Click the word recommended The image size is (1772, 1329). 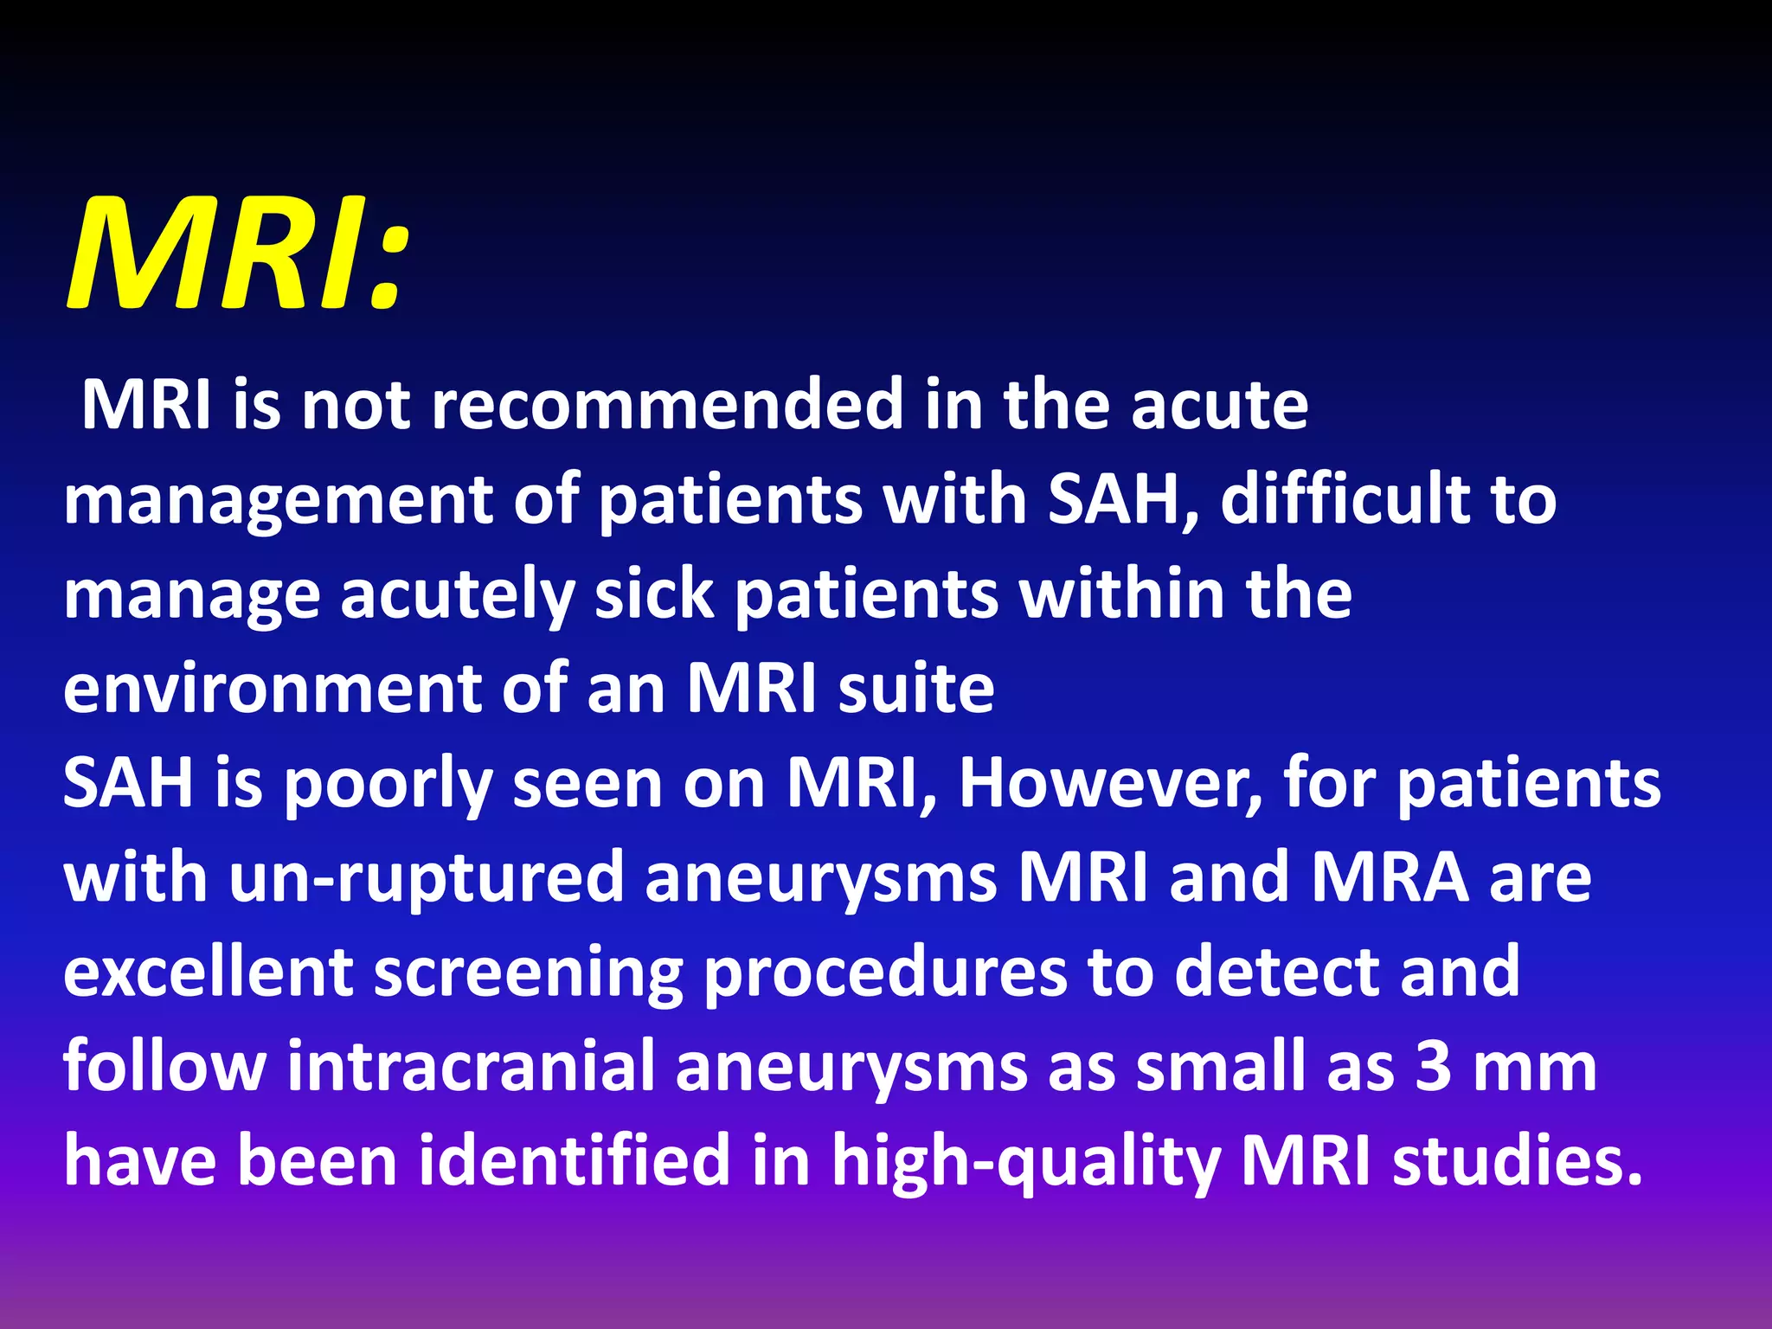click(x=666, y=405)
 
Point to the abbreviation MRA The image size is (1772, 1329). click(x=1390, y=877)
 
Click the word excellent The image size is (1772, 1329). click(x=208, y=972)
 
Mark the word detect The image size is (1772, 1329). click(x=1275, y=972)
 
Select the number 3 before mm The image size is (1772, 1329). click(x=1433, y=1067)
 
